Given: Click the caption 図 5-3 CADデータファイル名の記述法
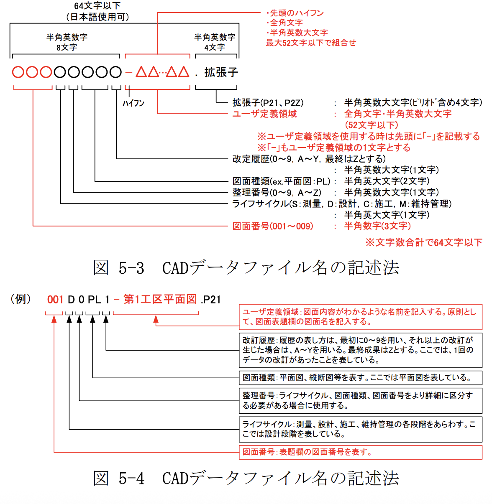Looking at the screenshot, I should pyautogui.click(x=246, y=268).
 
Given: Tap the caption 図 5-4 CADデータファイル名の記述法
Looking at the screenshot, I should pyautogui.click(x=246, y=478).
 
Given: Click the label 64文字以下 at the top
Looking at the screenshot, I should pyautogui.click(x=97, y=6).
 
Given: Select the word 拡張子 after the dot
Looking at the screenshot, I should pyautogui.click(x=221, y=72).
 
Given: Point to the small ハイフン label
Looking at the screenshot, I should pyautogui.click(x=133, y=103).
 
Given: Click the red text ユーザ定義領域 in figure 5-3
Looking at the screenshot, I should pyautogui.click(x=264, y=114).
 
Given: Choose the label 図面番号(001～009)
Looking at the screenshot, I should pyautogui.click(x=273, y=226).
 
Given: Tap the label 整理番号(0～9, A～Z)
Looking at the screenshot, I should pyautogui.click(x=277, y=192).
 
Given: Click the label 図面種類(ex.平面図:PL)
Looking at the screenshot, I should pyautogui.click(x=281, y=181).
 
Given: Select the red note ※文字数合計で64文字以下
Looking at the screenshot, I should pyautogui.click(x=424, y=242).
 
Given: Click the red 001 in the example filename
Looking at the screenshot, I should pyautogui.click(x=55, y=299).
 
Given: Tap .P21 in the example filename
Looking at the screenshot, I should pyautogui.click(x=211, y=299).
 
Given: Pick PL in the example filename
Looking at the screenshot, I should pyautogui.click(x=94, y=299).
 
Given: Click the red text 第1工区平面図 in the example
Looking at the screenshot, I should pyautogui.click(x=160, y=299).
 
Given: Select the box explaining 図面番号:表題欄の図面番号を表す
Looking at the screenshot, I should pyautogui.click(x=360, y=452).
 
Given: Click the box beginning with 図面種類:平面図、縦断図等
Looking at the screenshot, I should pyautogui.click(x=360, y=377).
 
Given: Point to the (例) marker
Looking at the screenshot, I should pyautogui.click(x=21, y=299).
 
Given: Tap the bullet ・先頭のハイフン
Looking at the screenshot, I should pyautogui.click(x=295, y=13).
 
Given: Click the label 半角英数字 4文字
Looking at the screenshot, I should pyautogui.click(x=215, y=42).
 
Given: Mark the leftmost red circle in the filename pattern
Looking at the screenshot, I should pyautogui.click(x=18, y=72).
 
